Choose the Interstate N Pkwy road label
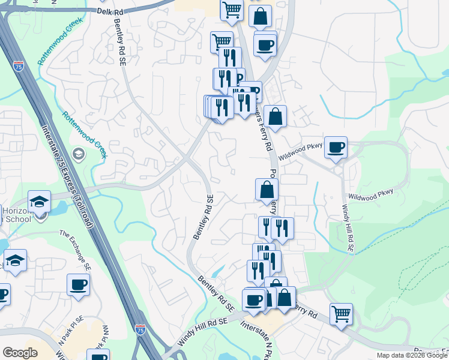click(258, 340)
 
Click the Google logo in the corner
click(20, 353)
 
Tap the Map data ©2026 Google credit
click(412, 355)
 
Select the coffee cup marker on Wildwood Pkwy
click(336, 146)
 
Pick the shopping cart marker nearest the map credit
click(341, 313)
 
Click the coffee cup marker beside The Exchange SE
click(78, 284)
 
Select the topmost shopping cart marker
click(231, 10)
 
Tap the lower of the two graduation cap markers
click(15, 260)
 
